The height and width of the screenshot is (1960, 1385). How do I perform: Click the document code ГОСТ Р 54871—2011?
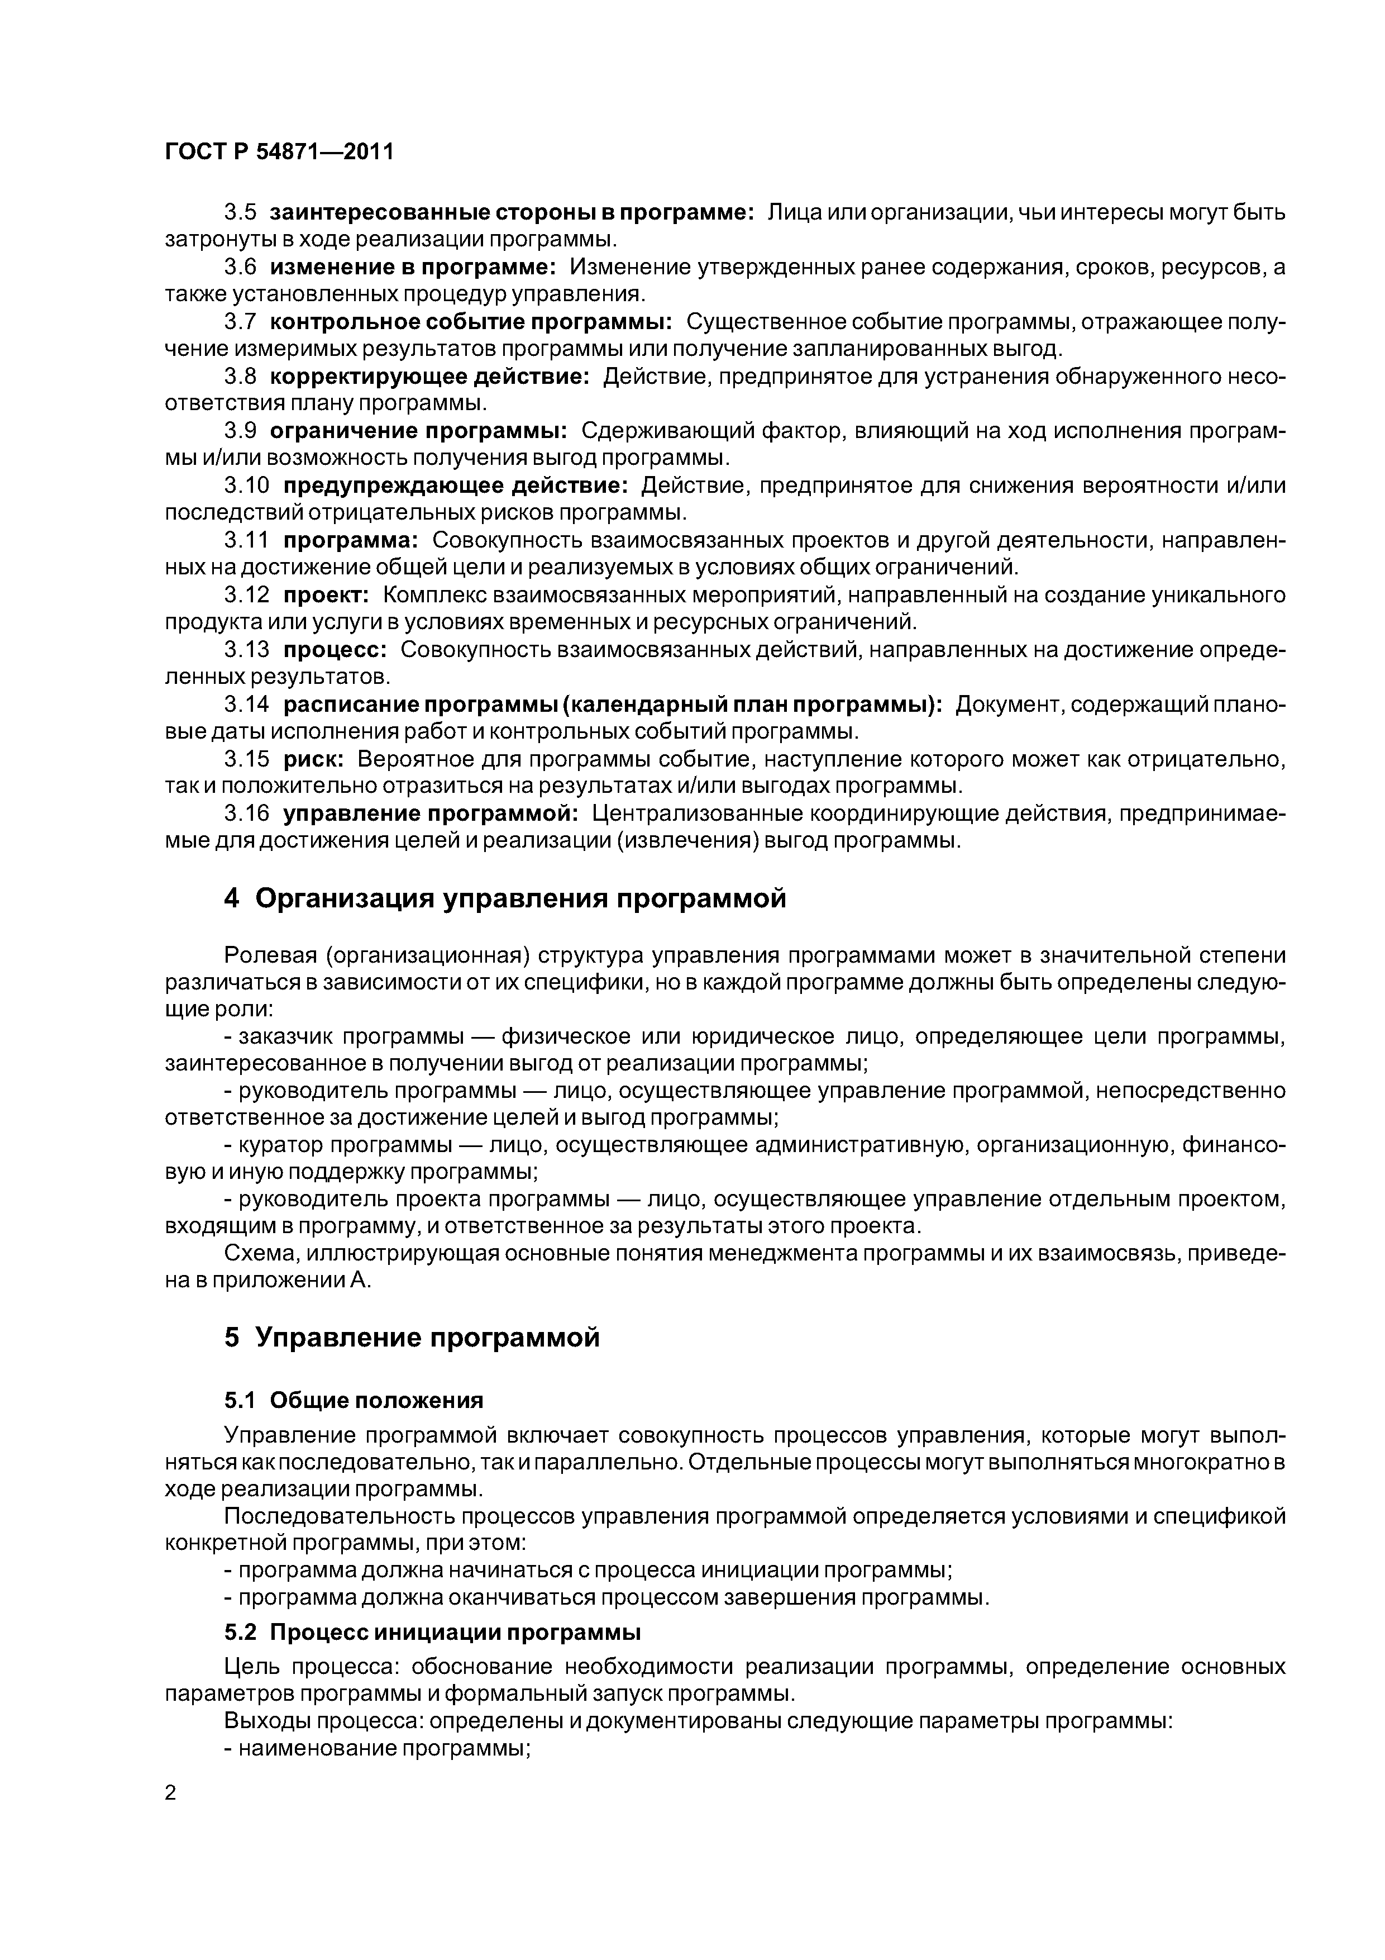coord(279,152)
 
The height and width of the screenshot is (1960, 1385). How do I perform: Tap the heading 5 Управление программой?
coord(412,1338)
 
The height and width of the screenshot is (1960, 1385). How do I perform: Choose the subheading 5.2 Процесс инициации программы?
coord(432,1632)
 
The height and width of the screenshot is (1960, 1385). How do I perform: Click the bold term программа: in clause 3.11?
coord(351,540)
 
